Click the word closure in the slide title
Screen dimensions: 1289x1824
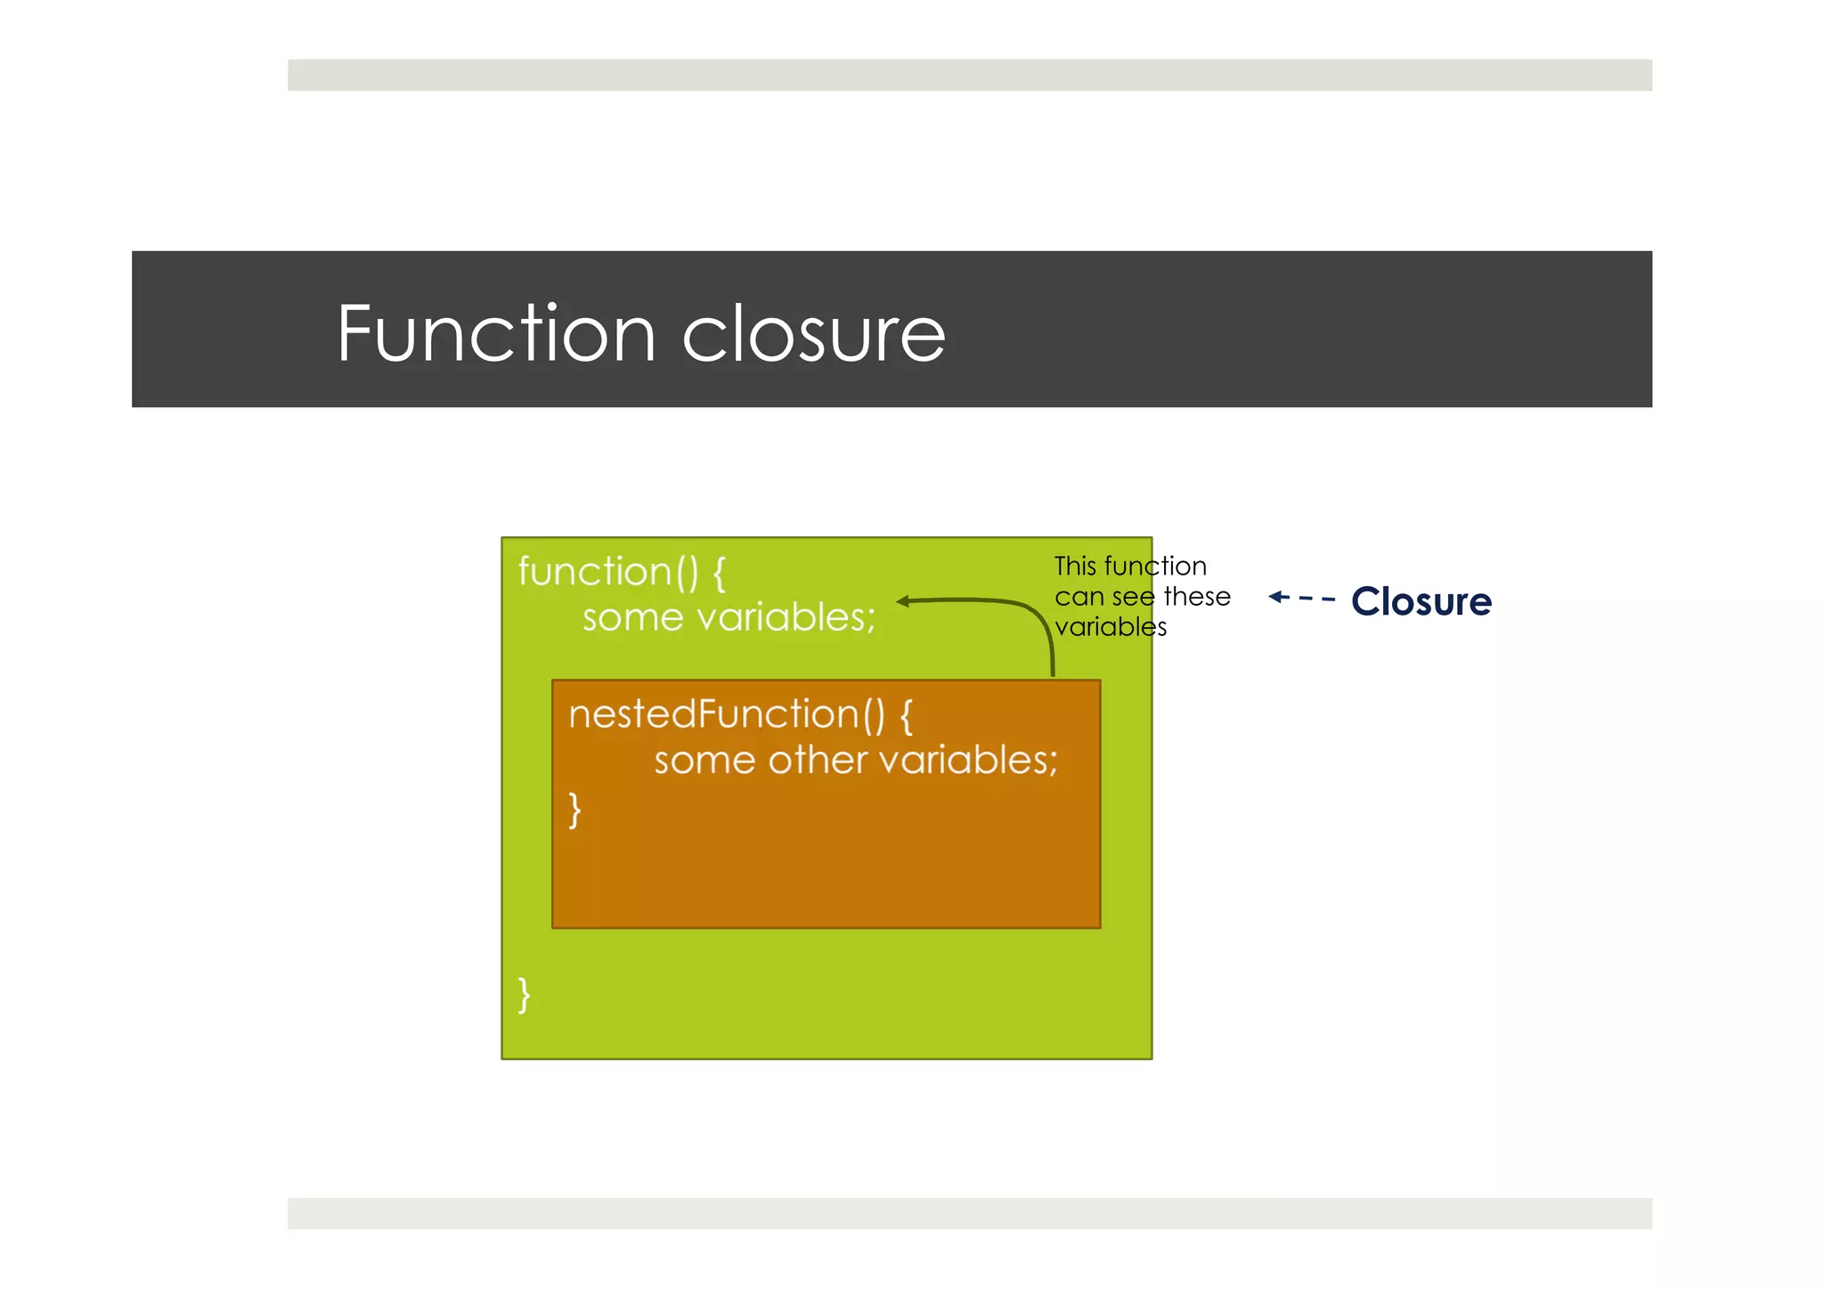pyautogui.click(x=813, y=335)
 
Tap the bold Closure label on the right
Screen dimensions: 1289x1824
pyautogui.click(x=1421, y=601)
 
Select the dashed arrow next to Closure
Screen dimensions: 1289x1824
pyautogui.click(x=1301, y=598)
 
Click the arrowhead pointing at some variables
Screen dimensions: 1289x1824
pyautogui.click(x=903, y=601)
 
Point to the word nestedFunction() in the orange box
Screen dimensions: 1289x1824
pyautogui.click(x=727, y=714)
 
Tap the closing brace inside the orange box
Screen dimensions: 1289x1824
pyautogui.click(x=575, y=810)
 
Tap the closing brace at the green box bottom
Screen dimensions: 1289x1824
pyautogui.click(x=525, y=994)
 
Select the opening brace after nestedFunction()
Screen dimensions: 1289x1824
pyautogui.click(x=907, y=715)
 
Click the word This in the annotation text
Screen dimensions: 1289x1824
pyautogui.click(x=1074, y=567)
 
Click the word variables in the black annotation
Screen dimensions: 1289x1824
pyautogui.click(x=1110, y=627)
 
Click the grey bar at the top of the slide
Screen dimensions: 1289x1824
pyautogui.click(x=969, y=75)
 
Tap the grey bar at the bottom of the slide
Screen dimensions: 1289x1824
pyautogui.click(x=969, y=1213)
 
